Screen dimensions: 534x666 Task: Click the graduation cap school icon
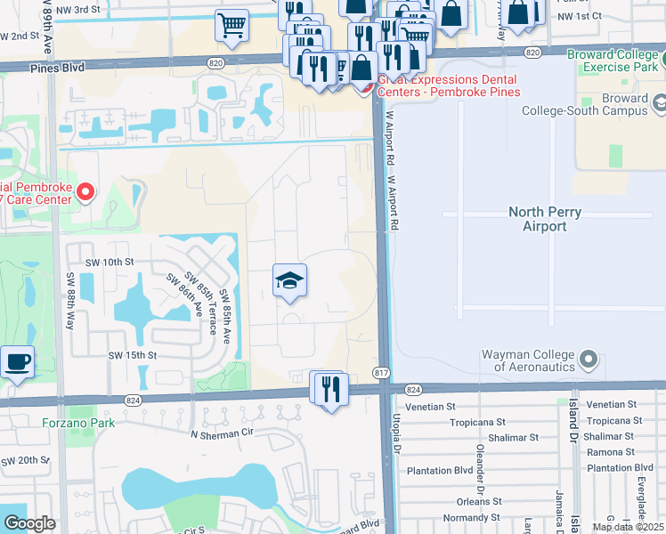288,281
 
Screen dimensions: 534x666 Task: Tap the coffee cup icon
17,363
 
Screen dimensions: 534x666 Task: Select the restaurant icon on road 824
328,389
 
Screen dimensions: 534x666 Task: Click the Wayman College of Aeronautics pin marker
588,360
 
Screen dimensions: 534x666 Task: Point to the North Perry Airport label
537,219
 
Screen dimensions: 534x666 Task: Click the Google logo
28,522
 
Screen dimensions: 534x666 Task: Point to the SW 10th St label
109,263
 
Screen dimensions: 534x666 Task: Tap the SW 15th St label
132,355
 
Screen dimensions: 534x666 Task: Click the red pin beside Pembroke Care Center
85,191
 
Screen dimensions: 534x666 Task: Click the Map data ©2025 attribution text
627,527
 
